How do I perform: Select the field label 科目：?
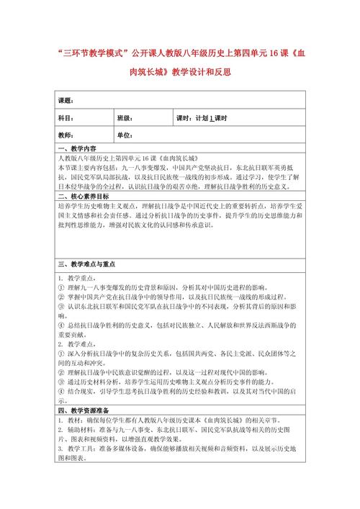(66, 118)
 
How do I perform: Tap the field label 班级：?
(125, 118)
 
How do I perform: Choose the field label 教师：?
(66, 135)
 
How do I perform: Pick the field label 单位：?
(125, 135)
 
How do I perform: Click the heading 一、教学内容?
(76, 149)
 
